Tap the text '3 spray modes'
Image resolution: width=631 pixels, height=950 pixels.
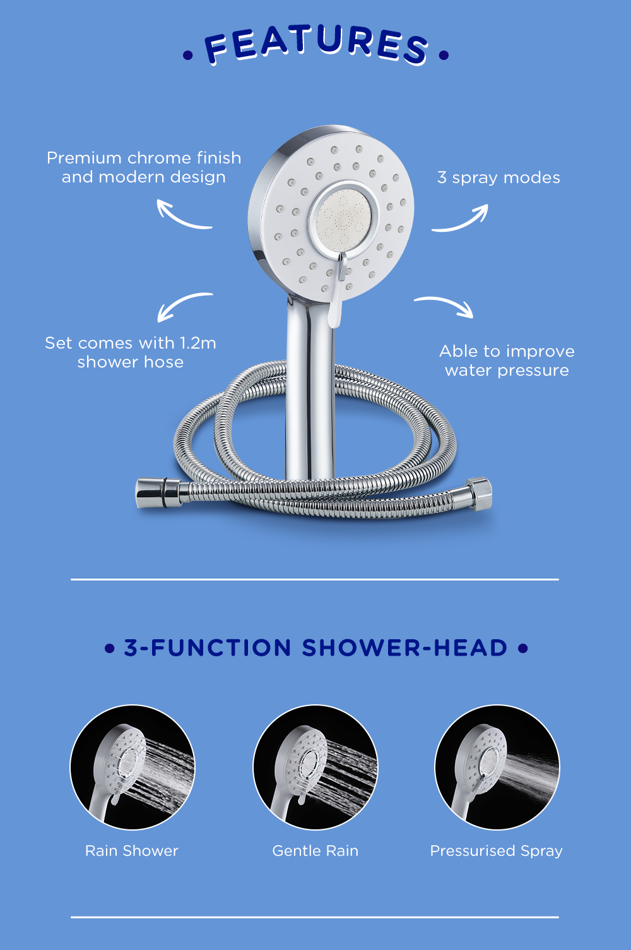tap(498, 177)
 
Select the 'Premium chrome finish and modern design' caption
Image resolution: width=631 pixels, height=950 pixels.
tap(144, 167)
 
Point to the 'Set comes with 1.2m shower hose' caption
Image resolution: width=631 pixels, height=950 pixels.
tap(131, 352)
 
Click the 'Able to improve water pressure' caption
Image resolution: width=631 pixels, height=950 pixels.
tap(507, 361)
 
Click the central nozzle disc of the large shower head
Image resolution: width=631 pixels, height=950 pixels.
tap(344, 220)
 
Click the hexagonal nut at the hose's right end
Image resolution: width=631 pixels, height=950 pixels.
tap(480, 493)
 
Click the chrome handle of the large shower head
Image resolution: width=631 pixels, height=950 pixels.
tap(310, 390)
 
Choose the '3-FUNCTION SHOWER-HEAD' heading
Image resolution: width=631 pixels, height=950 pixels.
tap(315, 648)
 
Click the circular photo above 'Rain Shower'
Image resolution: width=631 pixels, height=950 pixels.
tap(133, 767)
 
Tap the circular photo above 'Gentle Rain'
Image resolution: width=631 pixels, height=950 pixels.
tap(315, 767)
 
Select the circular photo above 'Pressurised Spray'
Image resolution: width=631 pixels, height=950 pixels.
tap(497, 767)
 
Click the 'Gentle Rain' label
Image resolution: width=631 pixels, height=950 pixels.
tap(315, 851)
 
